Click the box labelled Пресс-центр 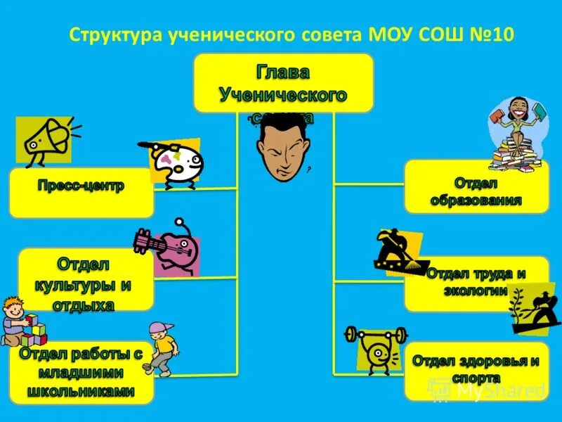pos(81,192)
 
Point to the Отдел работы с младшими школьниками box pos(81,373)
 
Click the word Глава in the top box pos(283,72)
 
